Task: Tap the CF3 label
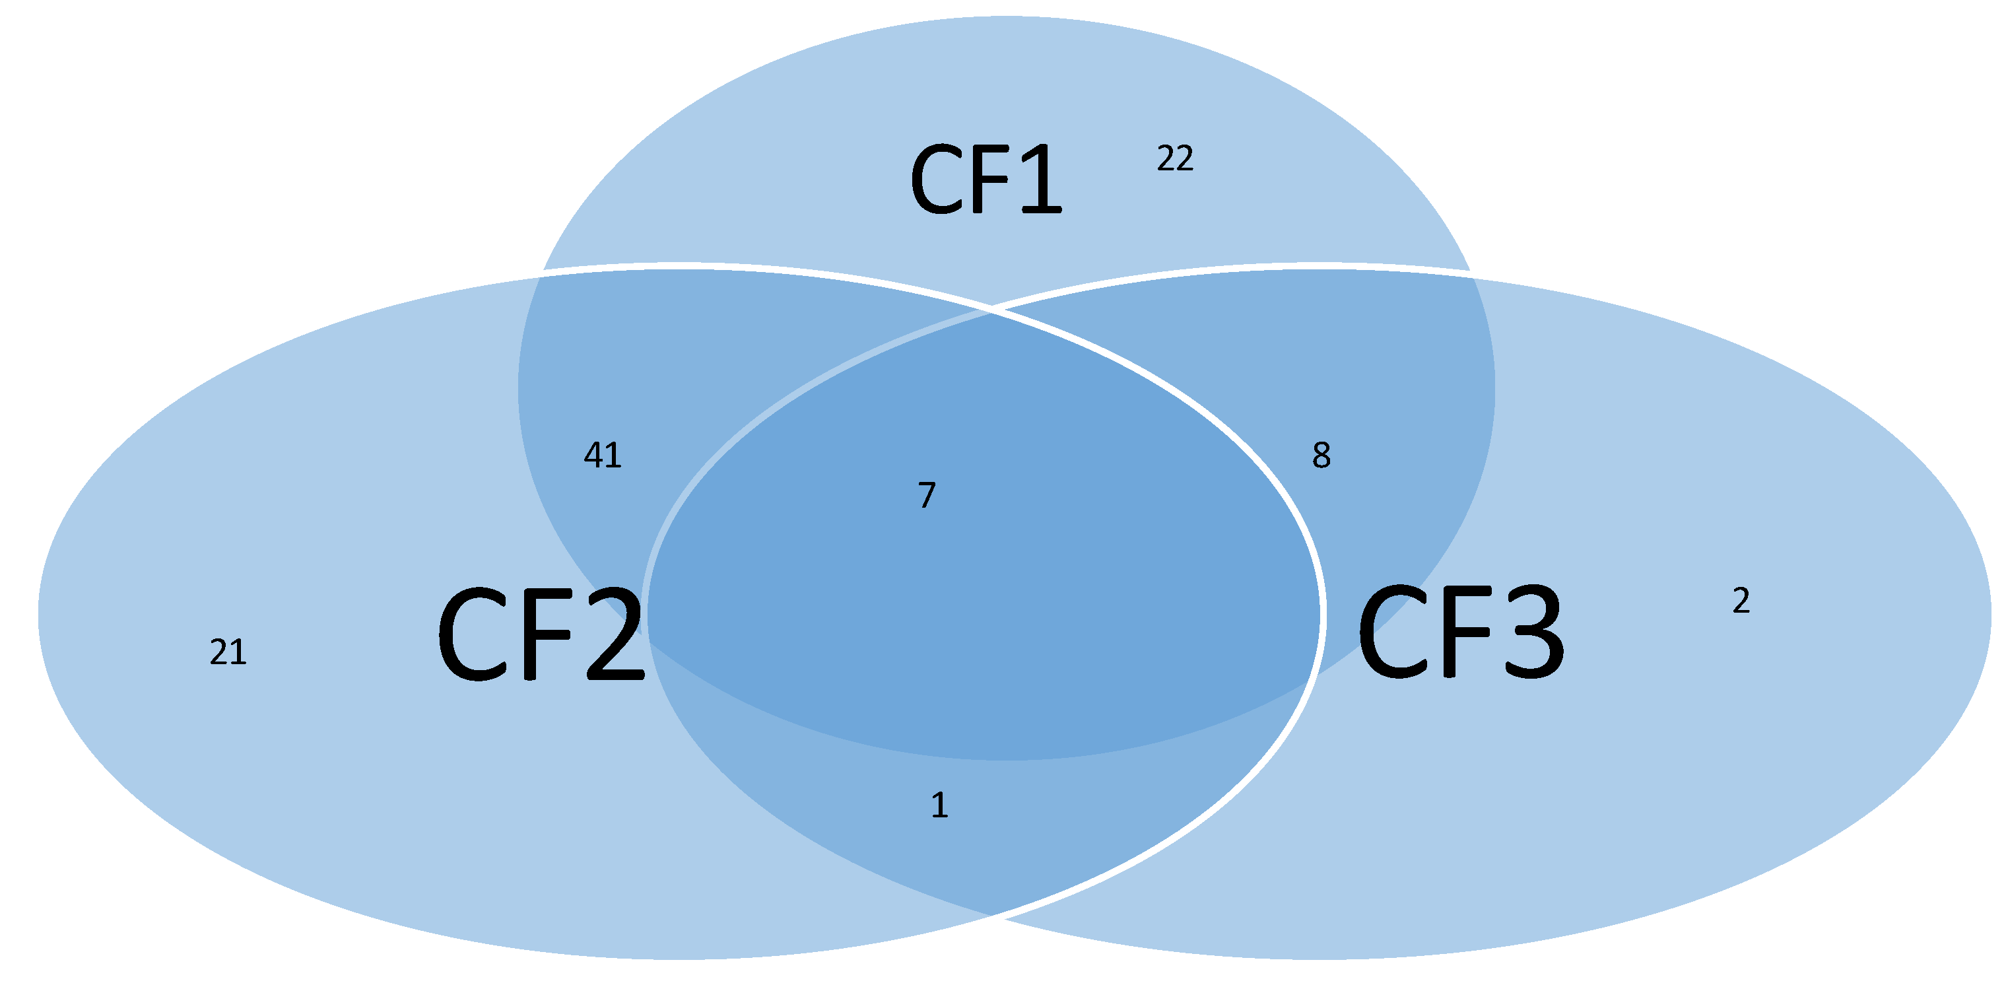click(1460, 632)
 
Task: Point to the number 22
click(1175, 159)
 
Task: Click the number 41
click(603, 455)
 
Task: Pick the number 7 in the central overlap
click(927, 495)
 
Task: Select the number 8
click(1321, 455)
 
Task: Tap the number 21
click(228, 652)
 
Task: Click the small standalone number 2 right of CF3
click(1741, 601)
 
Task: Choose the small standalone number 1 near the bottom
click(940, 805)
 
